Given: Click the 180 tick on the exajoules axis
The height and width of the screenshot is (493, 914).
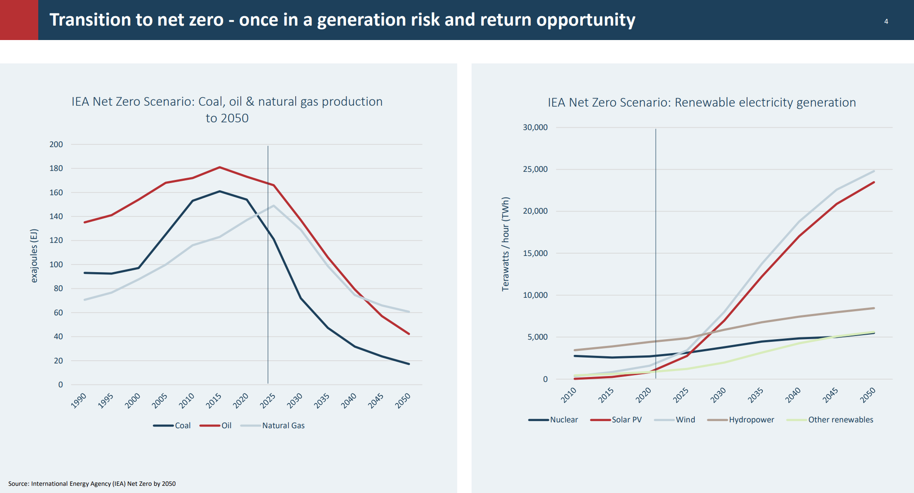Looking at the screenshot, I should click(x=56, y=168).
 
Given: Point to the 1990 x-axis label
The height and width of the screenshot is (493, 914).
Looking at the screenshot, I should click(x=79, y=400).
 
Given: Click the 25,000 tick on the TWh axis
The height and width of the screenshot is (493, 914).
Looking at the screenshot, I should click(x=535, y=169).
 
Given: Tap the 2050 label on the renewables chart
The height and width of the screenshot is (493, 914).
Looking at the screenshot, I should click(x=868, y=395).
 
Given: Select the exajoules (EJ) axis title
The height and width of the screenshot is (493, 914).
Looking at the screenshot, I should click(x=34, y=255).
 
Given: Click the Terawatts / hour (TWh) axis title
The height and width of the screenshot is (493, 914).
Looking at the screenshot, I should click(x=505, y=244).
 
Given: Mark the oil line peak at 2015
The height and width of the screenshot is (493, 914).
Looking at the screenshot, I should click(x=220, y=167).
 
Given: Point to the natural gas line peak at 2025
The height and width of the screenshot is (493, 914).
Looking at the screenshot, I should click(x=274, y=206).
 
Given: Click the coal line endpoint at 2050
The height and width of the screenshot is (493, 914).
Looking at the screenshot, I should click(x=409, y=364).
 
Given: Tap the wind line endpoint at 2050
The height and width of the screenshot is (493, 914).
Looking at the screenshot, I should click(x=874, y=171).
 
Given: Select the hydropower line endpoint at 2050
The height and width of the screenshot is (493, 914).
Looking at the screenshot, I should click(x=874, y=308).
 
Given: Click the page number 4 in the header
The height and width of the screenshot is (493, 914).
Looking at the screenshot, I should click(x=886, y=21).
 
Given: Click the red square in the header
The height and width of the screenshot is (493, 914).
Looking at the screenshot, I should click(x=19, y=20).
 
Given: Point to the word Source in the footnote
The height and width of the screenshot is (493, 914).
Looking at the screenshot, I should click(x=18, y=484).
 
